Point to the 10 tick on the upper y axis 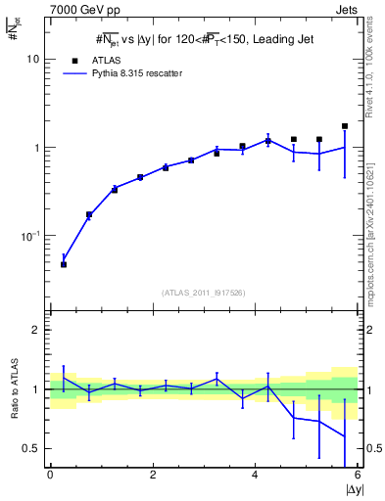(x=32, y=59)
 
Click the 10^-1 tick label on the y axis (x=30, y=236)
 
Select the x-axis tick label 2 (x=153, y=475)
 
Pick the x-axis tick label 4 (x=255, y=475)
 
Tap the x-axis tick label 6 (x=358, y=475)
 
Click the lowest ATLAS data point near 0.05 (x=64, y=264)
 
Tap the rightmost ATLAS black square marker (x=345, y=126)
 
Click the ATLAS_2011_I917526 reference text (x=204, y=293)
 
